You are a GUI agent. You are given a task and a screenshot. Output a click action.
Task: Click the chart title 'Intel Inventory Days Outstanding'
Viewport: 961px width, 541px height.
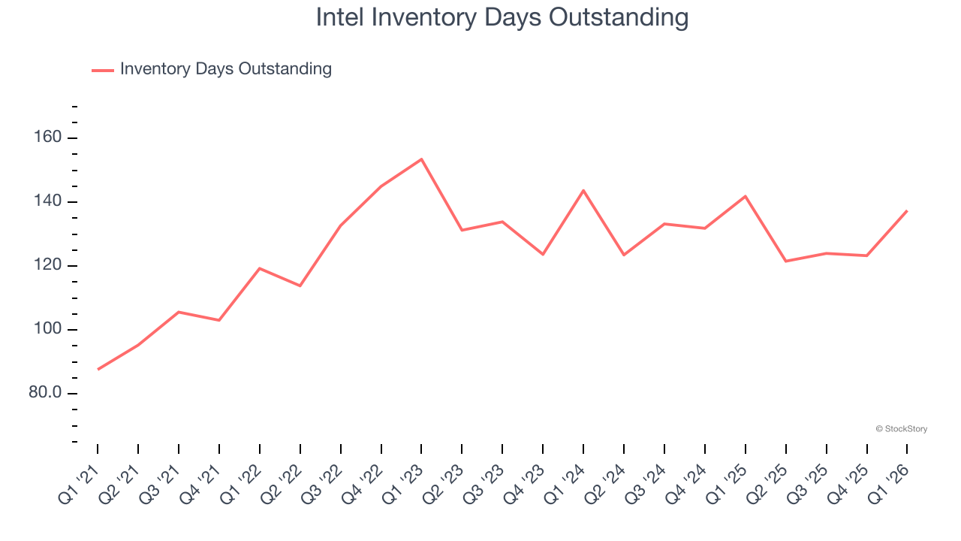click(x=502, y=17)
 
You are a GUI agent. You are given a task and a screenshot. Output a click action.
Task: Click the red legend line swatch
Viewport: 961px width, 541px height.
click(x=103, y=70)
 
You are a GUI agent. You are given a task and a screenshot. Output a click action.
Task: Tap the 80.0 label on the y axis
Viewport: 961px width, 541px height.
click(x=45, y=394)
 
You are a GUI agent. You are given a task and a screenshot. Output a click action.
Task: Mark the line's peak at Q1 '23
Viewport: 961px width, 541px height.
click(x=421, y=159)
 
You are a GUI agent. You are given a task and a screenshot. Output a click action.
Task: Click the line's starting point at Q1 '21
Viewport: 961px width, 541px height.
click(x=98, y=369)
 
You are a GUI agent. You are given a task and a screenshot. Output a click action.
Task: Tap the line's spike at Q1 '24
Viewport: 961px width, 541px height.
click(x=583, y=190)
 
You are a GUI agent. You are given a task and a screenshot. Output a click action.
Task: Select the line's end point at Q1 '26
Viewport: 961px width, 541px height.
click(x=907, y=210)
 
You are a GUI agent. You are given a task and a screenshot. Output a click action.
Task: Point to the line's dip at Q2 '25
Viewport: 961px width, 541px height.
click(x=786, y=261)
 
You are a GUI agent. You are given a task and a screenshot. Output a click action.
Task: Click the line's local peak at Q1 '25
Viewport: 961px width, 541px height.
click(x=746, y=196)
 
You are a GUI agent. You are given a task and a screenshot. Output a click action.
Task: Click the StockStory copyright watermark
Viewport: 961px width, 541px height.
click(x=901, y=429)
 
